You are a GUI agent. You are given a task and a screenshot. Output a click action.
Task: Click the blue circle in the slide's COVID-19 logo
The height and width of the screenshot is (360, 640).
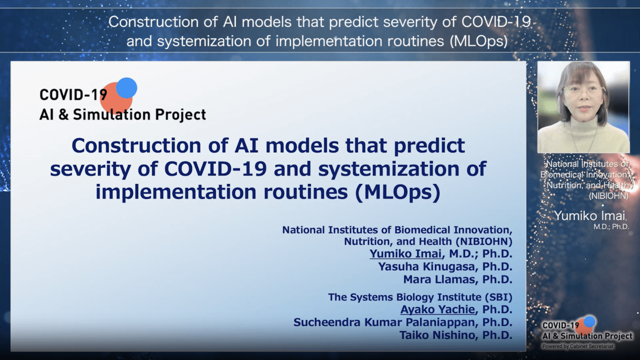[126, 87]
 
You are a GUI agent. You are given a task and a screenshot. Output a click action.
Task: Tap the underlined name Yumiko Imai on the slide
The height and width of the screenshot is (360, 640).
[405, 253]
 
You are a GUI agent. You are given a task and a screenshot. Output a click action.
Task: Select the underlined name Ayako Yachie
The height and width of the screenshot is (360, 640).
[437, 309]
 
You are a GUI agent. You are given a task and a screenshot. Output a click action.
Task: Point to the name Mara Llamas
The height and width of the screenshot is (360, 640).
[439, 279]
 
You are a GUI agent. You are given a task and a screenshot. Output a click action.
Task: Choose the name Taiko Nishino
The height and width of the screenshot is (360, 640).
[437, 335]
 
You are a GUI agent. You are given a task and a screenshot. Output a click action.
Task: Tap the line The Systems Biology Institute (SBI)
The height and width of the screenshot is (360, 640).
[420, 297]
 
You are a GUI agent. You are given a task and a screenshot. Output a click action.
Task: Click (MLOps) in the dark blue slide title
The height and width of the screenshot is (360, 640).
[397, 192]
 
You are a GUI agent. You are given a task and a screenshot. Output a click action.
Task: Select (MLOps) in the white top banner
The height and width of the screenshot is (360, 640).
[479, 41]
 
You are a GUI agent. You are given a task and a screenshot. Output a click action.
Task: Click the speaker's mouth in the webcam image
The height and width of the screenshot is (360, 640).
[583, 109]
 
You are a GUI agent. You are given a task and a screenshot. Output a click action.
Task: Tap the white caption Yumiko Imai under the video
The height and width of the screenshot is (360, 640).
[589, 216]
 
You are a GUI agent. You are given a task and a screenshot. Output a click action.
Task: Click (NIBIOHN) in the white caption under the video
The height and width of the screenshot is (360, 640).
[608, 196]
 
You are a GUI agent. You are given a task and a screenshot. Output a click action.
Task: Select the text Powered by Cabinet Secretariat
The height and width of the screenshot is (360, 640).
[577, 346]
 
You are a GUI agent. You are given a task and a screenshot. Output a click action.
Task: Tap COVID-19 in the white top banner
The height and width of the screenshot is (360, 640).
[496, 21]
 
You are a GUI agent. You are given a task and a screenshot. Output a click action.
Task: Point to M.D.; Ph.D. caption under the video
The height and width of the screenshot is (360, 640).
[611, 227]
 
